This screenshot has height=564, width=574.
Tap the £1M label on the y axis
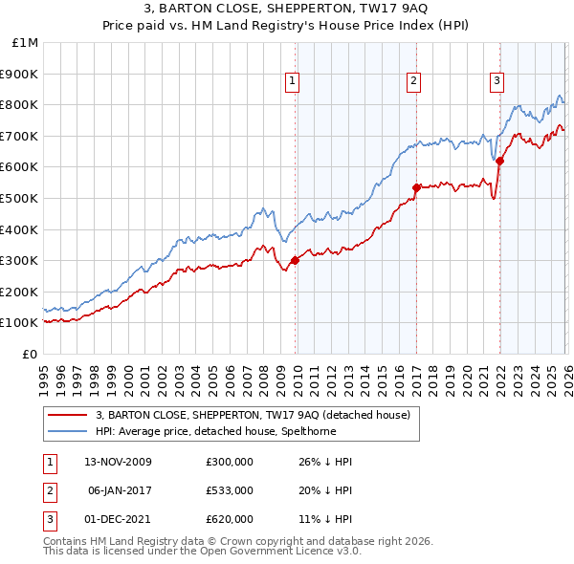(25, 42)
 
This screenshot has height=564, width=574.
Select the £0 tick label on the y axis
(29, 354)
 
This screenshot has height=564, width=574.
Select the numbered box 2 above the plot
(413, 82)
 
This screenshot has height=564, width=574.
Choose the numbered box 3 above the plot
(497, 82)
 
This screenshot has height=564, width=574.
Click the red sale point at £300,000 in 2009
(295, 260)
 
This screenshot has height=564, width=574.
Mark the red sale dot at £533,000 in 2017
(416, 187)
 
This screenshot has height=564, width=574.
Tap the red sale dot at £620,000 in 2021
(499, 161)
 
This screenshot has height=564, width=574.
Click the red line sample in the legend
(69, 415)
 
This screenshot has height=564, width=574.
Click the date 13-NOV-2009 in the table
(118, 462)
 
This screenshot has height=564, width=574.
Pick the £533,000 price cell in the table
(230, 490)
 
